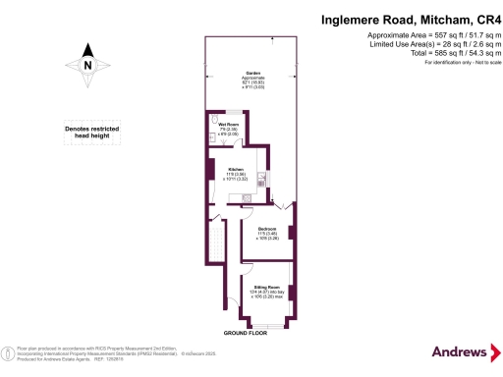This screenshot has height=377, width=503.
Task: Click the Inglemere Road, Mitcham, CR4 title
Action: (x=406, y=18)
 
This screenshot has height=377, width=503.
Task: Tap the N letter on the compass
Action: (x=87, y=66)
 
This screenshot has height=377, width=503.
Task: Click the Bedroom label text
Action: (x=266, y=228)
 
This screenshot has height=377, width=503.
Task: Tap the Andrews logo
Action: (x=459, y=351)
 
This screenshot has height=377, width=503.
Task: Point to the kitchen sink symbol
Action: (x=259, y=180)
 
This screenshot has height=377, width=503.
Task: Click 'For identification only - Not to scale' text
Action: (x=456, y=63)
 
